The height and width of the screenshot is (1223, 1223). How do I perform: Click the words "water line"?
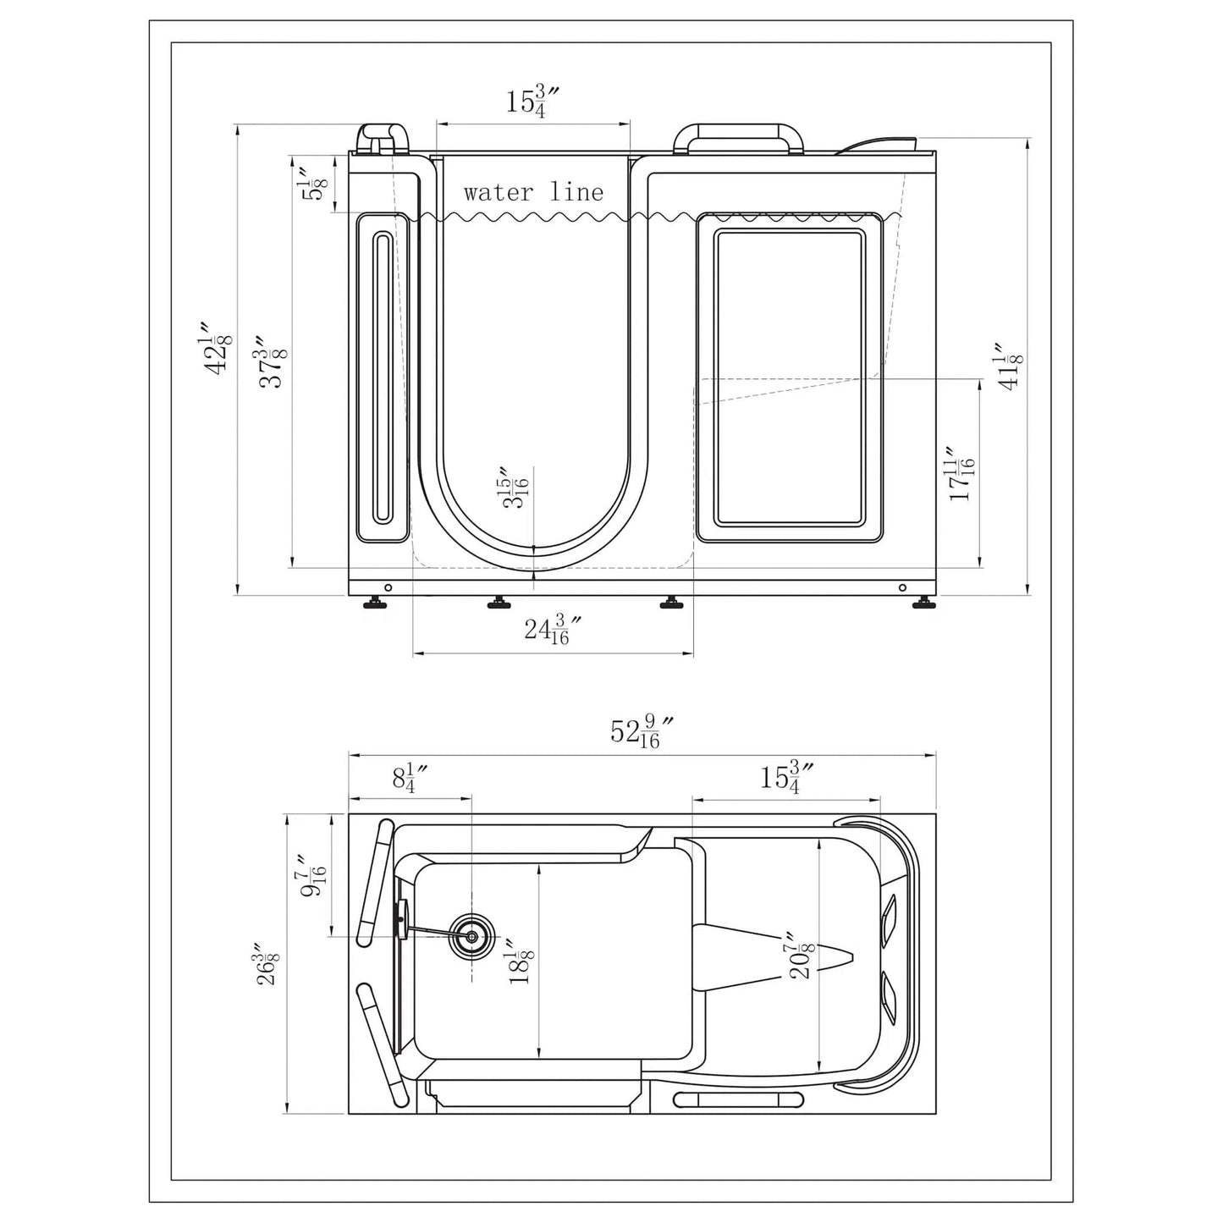pyautogui.click(x=533, y=193)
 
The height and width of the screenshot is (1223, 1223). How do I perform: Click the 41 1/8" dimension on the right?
pyautogui.click(x=1011, y=366)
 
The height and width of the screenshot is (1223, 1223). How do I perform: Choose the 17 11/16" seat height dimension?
pyautogui.click(x=961, y=474)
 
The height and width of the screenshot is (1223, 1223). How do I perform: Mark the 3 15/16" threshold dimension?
pyautogui.click(x=515, y=488)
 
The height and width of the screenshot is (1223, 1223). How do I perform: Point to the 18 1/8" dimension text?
pyautogui.click(x=521, y=961)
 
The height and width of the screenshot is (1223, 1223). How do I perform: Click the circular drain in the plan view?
pyautogui.click(x=471, y=937)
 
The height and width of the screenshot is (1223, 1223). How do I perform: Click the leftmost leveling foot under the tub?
pyautogui.click(x=373, y=603)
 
